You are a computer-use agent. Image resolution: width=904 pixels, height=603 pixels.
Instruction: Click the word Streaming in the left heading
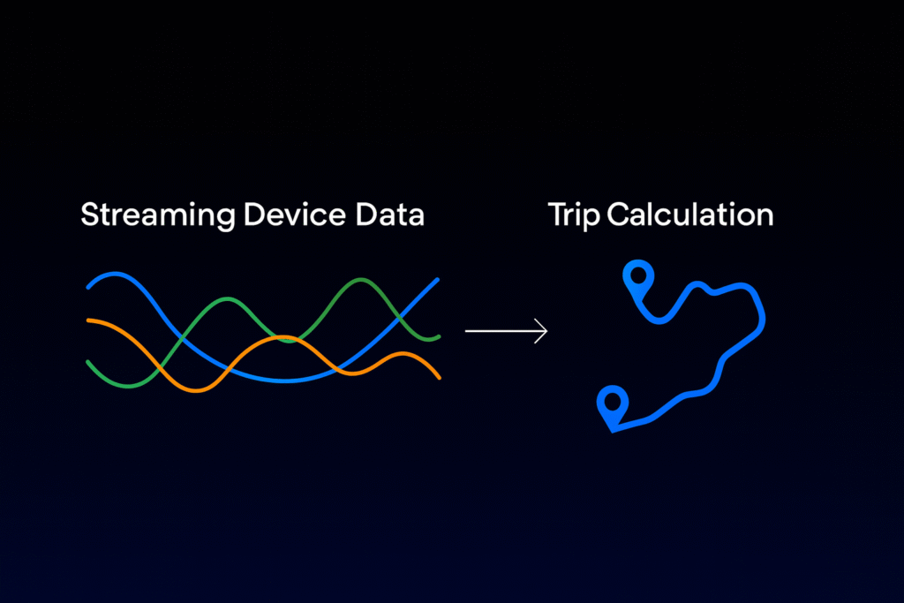157,216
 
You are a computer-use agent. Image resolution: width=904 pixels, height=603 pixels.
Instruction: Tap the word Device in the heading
294,215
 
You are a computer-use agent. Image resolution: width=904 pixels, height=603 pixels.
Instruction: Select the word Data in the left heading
389,215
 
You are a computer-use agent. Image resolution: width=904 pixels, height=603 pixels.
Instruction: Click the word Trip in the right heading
574,216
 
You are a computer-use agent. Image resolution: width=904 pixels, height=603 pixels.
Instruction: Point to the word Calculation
690,215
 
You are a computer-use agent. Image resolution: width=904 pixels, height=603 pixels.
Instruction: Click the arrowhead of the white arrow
542,331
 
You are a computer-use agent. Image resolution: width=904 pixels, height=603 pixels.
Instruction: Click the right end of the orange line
440,378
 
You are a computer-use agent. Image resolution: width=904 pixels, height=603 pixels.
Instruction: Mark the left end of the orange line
88,320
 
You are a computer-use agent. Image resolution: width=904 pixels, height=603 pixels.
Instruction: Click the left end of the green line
88,362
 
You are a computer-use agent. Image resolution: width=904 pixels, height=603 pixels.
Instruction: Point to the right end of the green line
439,336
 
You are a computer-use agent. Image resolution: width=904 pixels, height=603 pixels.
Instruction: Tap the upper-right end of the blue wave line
438,280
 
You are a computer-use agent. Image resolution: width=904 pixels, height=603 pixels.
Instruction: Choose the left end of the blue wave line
88,287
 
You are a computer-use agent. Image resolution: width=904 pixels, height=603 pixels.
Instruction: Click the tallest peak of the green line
361,280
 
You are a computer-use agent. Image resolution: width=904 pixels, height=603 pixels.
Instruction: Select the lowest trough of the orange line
197,390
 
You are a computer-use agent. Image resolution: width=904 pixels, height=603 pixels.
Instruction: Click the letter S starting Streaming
91,215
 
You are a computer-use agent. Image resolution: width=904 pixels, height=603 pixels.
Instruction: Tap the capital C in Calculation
619,215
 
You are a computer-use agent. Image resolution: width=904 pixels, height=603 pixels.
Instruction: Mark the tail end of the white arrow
466,331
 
